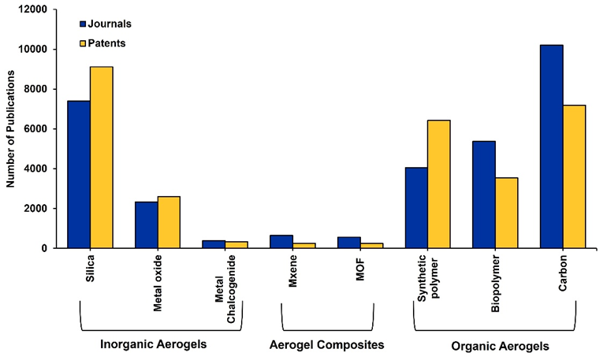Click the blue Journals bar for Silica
79,174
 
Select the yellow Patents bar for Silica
102,158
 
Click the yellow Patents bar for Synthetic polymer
439,184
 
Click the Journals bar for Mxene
281,241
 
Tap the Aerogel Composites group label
326,345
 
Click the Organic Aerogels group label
500,346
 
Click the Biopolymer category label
495,280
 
